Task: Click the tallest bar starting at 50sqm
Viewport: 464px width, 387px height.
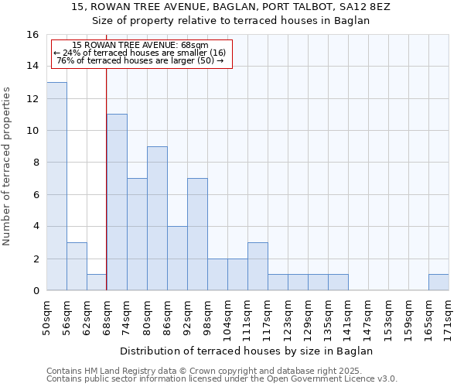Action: point(56,187)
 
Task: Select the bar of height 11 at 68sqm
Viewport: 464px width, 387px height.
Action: point(117,202)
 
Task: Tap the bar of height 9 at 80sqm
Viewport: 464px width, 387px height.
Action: point(157,218)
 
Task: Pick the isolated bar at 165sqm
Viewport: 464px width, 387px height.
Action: point(438,283)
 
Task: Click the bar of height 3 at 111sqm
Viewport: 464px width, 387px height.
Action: point(258,266)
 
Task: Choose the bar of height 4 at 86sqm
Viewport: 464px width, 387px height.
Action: point(177,259)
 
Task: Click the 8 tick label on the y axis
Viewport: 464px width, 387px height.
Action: point(35,163)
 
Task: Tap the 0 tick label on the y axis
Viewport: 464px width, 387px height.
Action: point(35,291)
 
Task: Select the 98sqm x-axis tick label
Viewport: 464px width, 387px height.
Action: point(208,316)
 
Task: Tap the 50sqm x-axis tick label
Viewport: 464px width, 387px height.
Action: point(47,316)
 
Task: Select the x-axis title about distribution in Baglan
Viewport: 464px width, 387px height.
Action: point(247,351)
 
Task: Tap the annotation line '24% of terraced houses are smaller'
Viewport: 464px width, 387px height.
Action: point(139,53)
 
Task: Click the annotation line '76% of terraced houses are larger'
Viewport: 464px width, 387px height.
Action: point(139,60)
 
